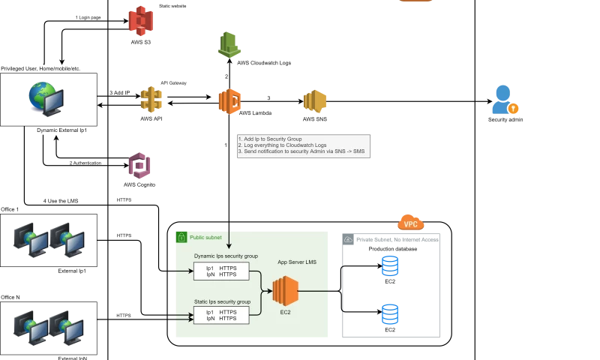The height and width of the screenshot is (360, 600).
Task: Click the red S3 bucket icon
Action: pos(140,21)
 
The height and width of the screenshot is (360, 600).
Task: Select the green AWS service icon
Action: pos(229,46)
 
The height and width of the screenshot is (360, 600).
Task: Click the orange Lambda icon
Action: pos(230,101)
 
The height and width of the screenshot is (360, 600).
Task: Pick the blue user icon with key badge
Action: pos(505,99)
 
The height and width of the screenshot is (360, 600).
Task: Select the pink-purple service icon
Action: pos(140,166)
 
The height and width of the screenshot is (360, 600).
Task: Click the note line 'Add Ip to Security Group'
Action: pos(270,139)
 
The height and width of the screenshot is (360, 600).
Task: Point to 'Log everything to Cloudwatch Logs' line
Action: pos(283,145)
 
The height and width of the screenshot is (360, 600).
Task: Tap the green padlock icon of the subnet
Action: pos(181,237)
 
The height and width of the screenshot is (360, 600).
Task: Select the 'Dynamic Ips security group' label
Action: pos(226,256)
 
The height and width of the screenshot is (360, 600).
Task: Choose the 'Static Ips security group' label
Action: pos(222,301)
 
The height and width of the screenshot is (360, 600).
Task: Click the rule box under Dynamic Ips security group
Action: pos(221,271)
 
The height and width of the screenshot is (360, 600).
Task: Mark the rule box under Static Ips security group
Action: pos(221,315)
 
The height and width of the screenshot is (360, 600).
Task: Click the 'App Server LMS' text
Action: pos(297,262)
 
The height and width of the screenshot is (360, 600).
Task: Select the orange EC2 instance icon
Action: pos(285,291)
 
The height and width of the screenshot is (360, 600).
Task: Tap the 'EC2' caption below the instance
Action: pos(285,312)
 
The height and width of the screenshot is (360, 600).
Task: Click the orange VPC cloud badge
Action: pos(410,223)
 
